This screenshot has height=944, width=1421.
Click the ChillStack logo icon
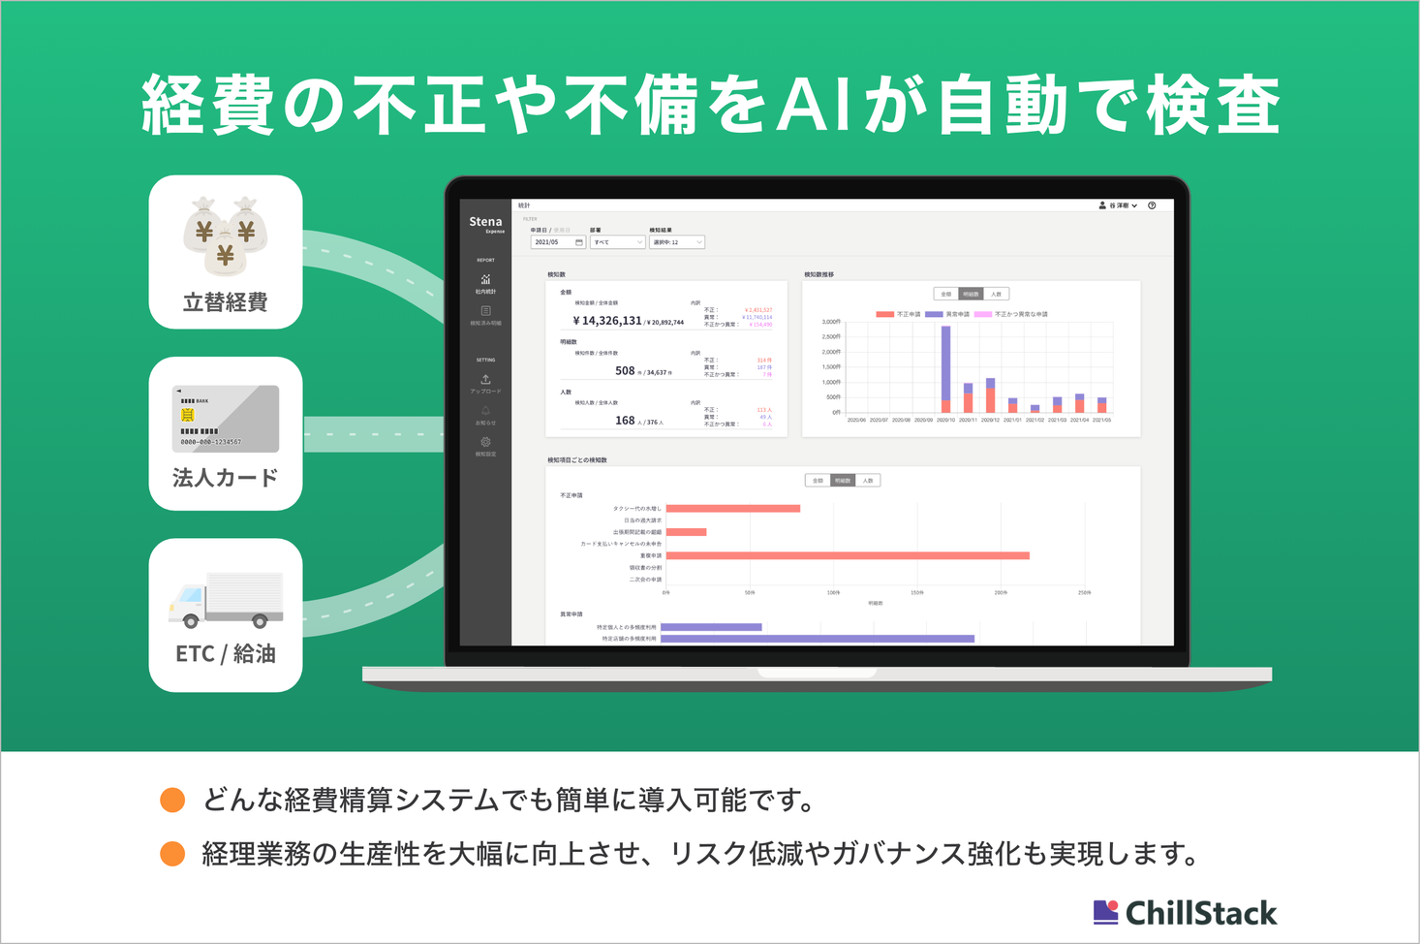pos(1105,912)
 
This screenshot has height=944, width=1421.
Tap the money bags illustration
pos(226,236)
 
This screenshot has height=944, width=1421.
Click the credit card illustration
pos(226,419)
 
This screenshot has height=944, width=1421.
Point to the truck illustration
pos(226,600)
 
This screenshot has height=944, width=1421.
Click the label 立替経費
pos(226,302)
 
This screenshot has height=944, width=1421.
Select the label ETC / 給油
pos(226,654)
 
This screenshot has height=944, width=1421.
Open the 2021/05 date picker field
pos(558,242)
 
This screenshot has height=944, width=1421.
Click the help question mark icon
pos(1152,205)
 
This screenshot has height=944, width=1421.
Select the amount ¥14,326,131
pos(607,321)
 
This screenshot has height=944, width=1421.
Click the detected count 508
pos(625,371)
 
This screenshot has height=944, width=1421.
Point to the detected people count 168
pos(625,421)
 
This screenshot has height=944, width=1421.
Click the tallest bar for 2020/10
pos(945,363)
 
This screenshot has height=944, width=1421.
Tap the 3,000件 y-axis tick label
pos(830,321)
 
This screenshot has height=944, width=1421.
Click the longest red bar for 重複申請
pos(848,555)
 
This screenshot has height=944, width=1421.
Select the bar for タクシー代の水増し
pos(733,508)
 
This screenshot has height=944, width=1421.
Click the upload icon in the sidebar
pos(486,379)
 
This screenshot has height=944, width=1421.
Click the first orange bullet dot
pos(172,800)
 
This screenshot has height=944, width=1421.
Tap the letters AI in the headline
pos(812,105)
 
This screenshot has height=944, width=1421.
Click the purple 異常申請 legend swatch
pos(934,314)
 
